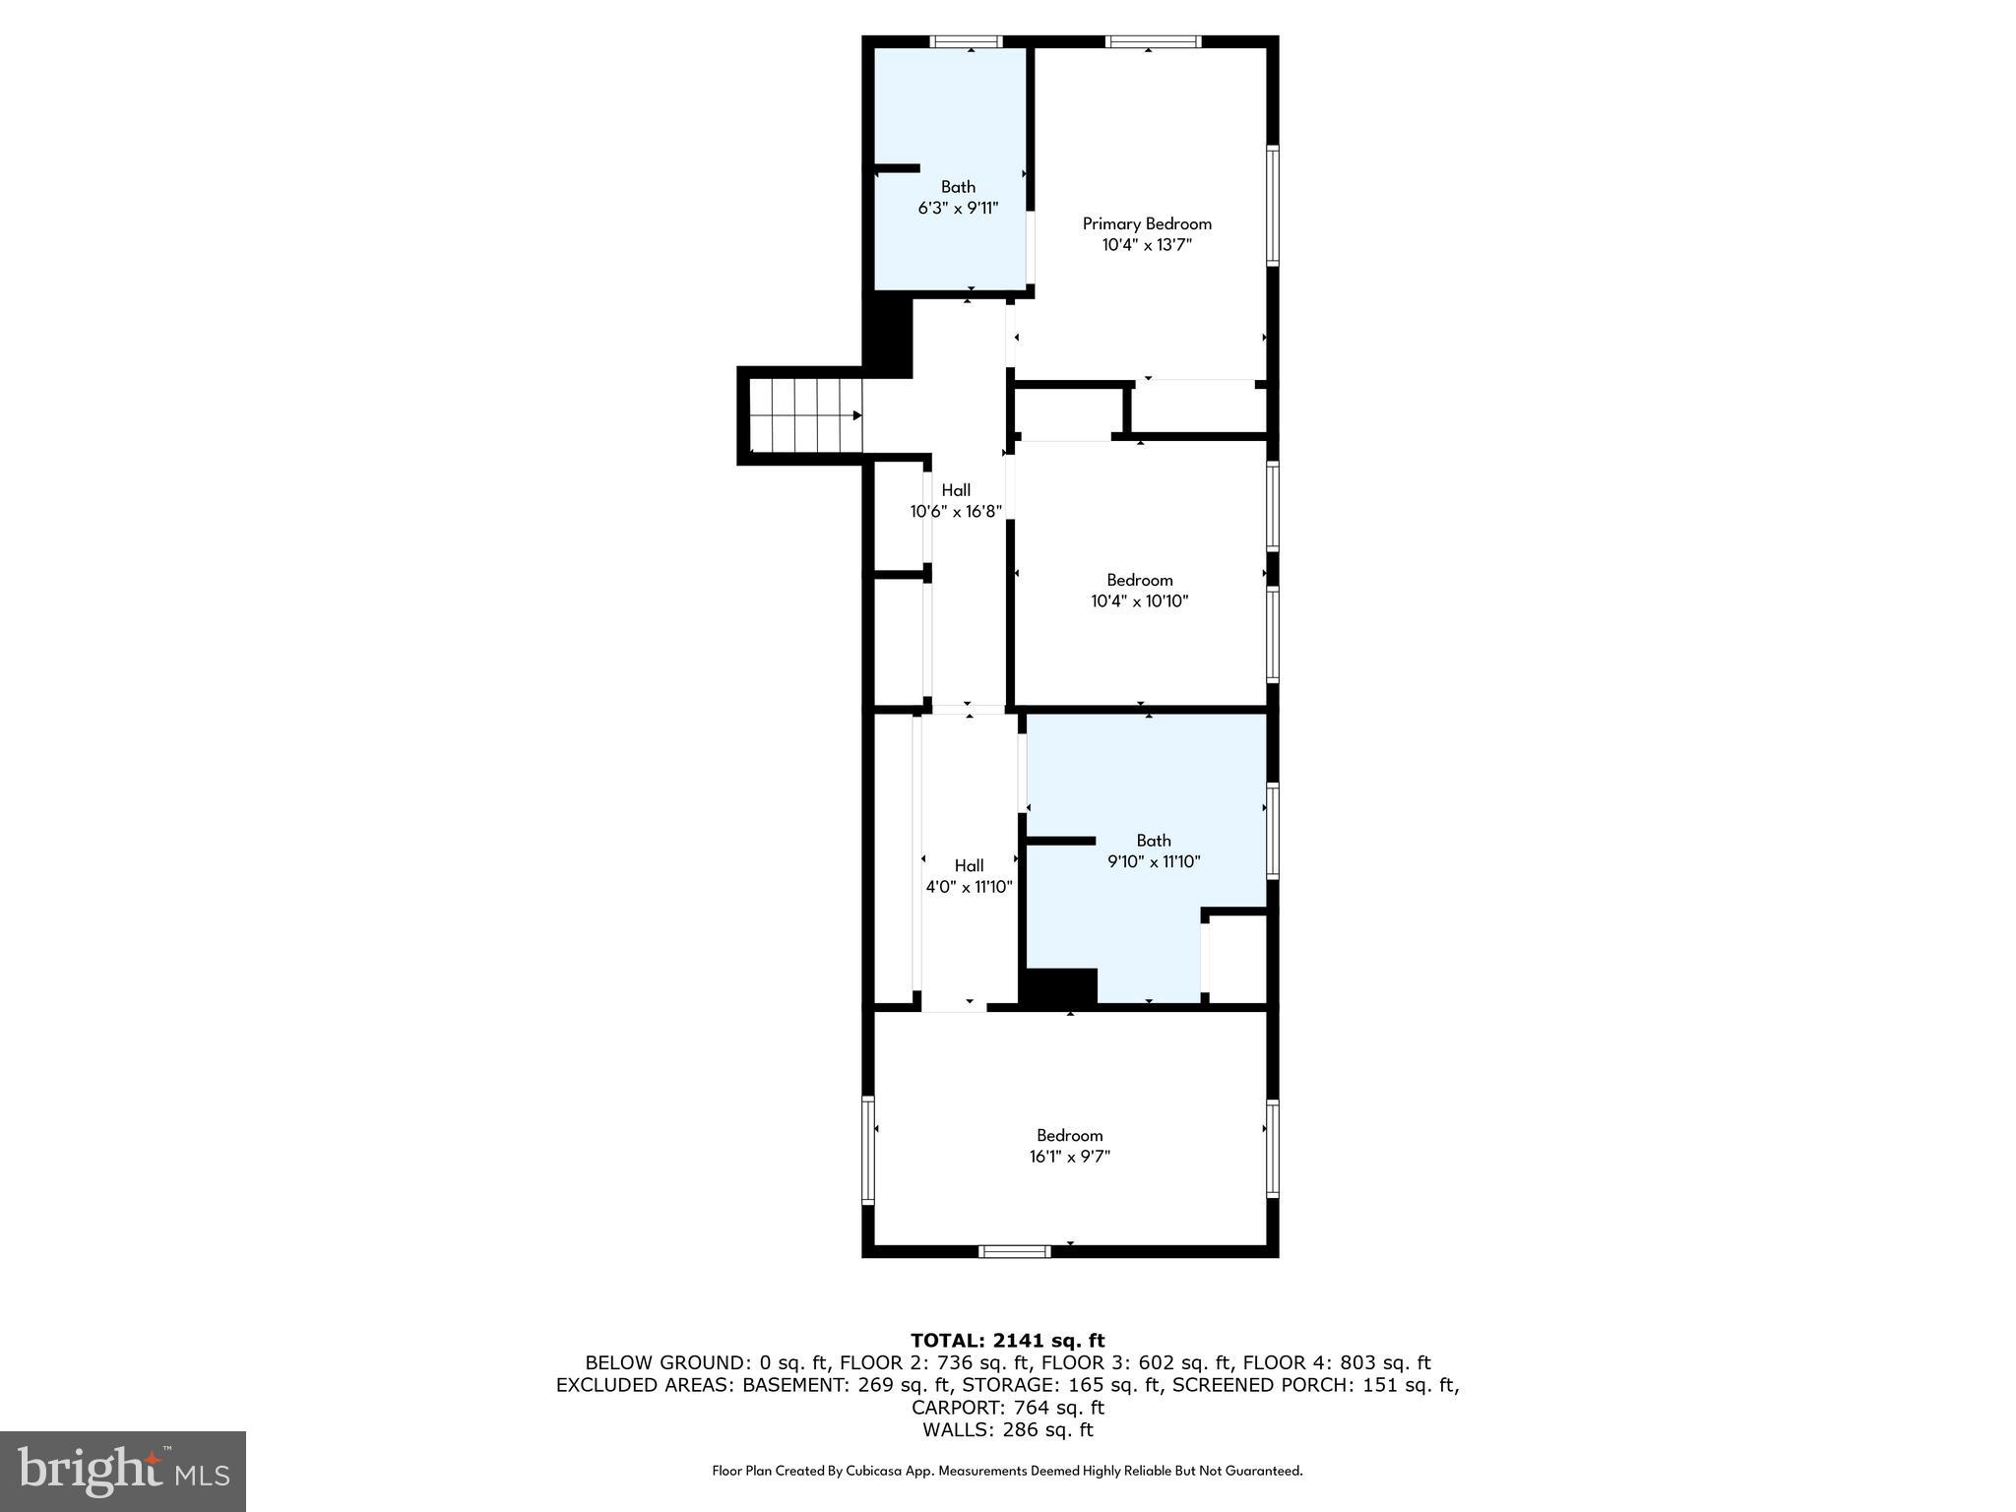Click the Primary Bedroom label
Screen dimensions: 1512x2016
(x=1147, y=223)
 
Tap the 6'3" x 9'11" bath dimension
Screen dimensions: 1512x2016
(x=958, y=208)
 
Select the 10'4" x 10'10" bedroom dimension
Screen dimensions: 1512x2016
(x=1139, y=601)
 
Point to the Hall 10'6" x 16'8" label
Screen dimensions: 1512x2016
(x=955, y=500)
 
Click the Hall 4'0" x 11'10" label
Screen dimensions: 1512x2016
(x=969, y=876)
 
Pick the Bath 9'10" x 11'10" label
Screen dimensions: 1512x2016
(x=1154, y=850)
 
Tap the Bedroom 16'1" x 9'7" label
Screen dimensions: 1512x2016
(x=1069, y=1146)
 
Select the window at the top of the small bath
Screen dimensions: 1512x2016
(x=966, y=42)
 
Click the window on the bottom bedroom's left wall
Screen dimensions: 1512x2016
(x=868, y=1150)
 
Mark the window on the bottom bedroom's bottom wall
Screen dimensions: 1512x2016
(x=1015, y=1251)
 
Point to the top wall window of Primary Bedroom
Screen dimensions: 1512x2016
(x=1153, y=42)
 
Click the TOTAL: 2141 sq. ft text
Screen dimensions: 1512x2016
(x=1007, y=1340)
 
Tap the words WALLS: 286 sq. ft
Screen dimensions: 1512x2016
(x=1007, y=1429)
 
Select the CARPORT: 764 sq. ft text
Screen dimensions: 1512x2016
(x=1007, y=1407)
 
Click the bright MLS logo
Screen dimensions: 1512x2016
(x=123, y=1471)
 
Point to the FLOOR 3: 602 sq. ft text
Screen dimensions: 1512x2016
(x=1136, y=1362)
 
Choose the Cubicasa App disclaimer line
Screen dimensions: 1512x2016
(x=1007, y=1471)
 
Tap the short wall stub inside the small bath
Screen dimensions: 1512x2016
(x=897, y=168)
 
